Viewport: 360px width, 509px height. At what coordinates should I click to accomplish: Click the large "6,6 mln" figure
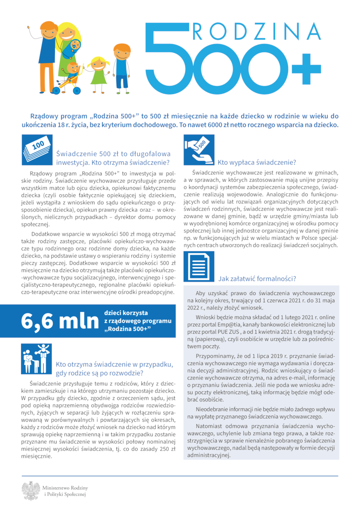[59, 321]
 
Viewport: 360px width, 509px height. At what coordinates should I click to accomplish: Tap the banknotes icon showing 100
[37, 149]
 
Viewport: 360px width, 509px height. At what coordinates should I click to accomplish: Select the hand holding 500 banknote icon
[199, 149]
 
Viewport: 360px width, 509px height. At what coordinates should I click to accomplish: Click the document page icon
[199, 266]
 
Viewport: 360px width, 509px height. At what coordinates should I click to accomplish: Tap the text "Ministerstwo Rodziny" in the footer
[65, 488]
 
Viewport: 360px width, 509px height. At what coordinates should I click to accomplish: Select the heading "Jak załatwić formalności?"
[257, 279]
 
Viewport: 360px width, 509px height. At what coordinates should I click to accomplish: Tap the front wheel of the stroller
[77, 91]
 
